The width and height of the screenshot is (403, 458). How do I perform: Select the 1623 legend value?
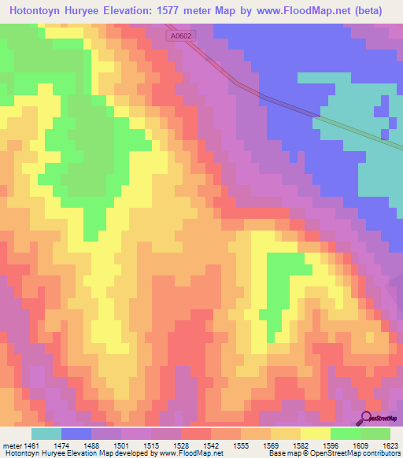pyautogui.click(x=389, y=445)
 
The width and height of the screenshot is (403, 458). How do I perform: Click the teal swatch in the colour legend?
pyautogui.click(x=46, y=433)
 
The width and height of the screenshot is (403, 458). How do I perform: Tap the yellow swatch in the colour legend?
pyautogui.click(x=315, y=433)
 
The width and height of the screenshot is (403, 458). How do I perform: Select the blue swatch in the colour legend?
pyautogui.click(x=76, y=433)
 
